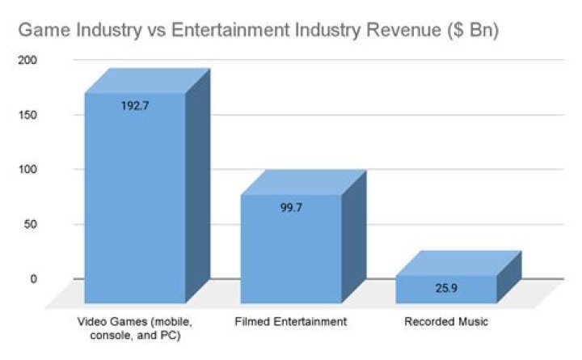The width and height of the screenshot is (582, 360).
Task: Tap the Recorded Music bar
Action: [445, 290]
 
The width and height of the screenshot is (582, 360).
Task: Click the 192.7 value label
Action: [135, 106]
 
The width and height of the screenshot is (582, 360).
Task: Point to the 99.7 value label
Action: [292, 207]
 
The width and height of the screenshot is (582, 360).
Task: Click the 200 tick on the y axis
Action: [26, 61]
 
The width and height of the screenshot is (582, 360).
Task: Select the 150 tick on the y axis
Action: [26, 115]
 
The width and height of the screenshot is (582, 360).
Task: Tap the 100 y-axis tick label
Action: [26, 170]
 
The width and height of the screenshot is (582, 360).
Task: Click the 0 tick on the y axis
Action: [33, 279]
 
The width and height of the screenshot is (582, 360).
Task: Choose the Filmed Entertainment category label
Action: [292, 322]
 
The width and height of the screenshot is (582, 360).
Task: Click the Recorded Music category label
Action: [446, 322]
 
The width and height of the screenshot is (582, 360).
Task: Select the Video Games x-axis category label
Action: [135, 328]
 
